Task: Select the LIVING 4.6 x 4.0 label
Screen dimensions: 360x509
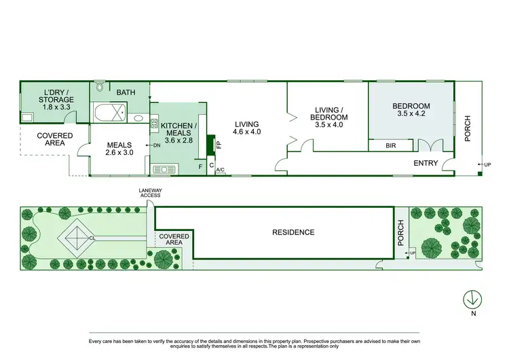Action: tap(247, 128)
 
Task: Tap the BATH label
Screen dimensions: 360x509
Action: tap(126, 92)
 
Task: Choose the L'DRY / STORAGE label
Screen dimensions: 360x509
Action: tap(56, 100)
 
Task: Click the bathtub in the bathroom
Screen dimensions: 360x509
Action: tap(109, 113)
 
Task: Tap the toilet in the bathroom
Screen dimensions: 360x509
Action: tap(100, 86)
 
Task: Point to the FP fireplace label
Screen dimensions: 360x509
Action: tap(219, 144)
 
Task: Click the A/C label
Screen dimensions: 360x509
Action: tap(220, 171)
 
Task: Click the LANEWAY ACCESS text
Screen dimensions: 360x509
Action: tap(150, 193)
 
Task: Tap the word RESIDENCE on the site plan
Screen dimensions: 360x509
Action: tap(293, 232)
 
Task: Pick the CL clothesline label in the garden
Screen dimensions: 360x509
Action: tap(91, 238)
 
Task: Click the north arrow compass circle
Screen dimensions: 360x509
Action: tap(472, 298)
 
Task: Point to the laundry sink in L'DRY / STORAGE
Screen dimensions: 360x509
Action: tap(28, 117)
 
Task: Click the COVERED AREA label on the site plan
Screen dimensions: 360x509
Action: tap(174, 239)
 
